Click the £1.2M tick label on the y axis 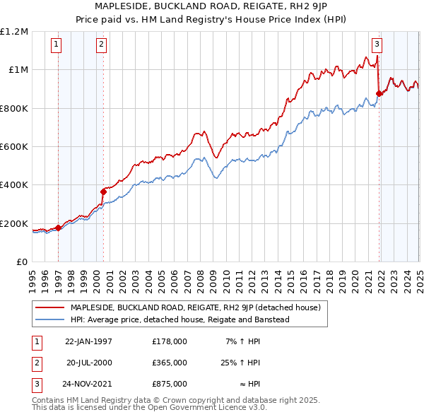coord(15,32)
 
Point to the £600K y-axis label coord(14,147)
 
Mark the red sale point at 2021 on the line coord(379,93)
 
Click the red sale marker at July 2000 coord(103,192)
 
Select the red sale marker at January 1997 coord(58,228)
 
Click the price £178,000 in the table coord(169,341)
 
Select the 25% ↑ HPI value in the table coord(240,363)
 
